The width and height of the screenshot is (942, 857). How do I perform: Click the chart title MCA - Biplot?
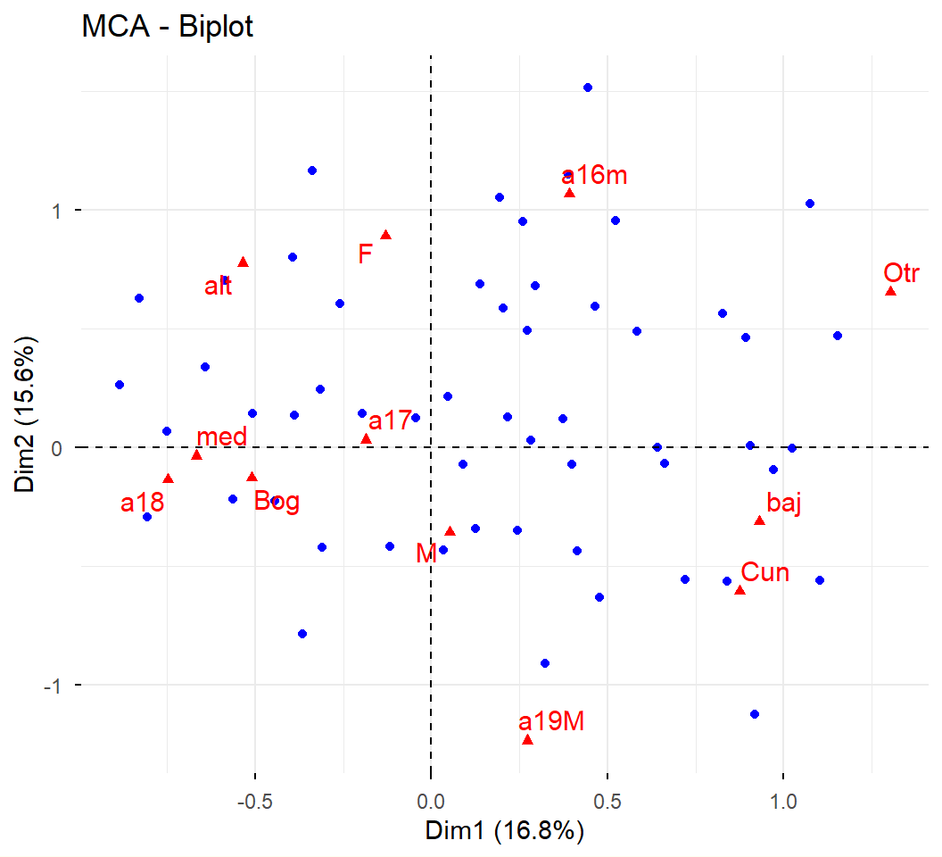pos(168,27)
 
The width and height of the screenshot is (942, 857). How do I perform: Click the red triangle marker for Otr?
pos(890,292)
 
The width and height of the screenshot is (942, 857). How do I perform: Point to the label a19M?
pos(551,720)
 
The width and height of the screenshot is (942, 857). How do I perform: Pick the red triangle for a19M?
pos(527,740)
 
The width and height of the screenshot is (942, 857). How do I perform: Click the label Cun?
pos(765,572)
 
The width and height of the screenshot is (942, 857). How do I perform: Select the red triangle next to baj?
pos(759,520)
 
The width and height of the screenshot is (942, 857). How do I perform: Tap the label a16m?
pos(594,175)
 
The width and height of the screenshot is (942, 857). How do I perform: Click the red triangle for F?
pos(386,235)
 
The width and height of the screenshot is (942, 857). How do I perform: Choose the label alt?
pos(218,287)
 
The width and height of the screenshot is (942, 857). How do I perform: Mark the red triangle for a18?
pos(168,478)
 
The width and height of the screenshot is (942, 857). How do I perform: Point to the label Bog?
pos(277,501)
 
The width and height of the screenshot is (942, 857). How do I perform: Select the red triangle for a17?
pos(366,438)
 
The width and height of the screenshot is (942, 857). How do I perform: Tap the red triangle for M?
pos(450,531)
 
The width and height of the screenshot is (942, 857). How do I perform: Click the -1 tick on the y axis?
pos(52,685)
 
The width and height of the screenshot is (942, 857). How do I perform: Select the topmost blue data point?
pos(588,87)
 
